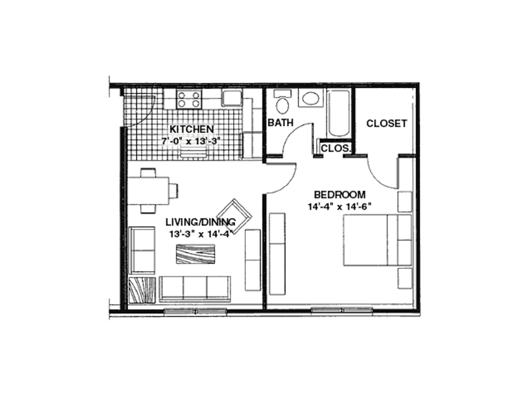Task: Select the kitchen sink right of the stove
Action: coord(232,98)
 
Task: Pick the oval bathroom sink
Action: coord(310,98)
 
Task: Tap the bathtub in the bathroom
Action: coord(339,113)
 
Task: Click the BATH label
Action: coord(280,123)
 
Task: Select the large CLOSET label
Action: coord(387,123)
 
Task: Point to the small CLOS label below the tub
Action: coord(335,148)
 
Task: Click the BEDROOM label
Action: coord(340,195)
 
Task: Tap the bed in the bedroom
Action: coord(365,240)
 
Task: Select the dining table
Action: coord(149,191)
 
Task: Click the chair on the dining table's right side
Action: coord(174,191)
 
